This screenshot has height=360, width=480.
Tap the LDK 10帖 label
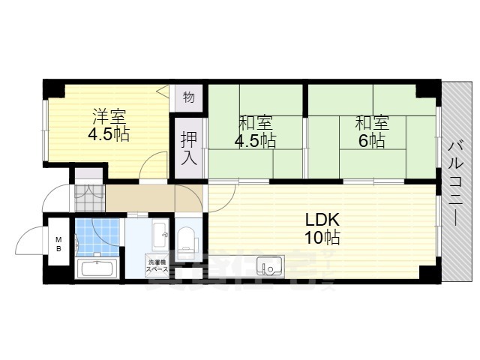pos(322,229)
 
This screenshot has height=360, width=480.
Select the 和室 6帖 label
pos(370,130)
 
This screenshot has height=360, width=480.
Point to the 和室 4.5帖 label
pos(255,130)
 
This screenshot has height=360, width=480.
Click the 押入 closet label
pos(188,147)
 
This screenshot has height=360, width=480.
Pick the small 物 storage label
pos(188,97)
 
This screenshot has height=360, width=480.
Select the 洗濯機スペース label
pos(157,264)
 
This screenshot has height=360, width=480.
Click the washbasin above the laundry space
pos(160,235)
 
